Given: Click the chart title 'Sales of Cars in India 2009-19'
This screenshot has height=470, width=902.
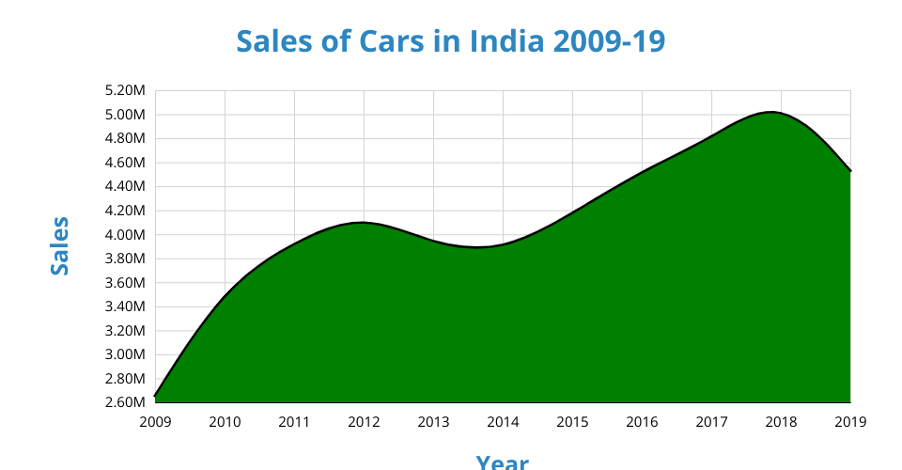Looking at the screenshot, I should [450, 42].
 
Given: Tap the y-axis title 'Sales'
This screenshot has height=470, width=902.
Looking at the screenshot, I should [60, 245].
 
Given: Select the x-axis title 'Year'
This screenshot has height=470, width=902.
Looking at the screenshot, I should [502, 462].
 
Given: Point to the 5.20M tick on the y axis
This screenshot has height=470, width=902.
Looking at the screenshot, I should [126, 91].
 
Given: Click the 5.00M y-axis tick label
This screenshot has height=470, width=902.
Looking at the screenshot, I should [126, 115].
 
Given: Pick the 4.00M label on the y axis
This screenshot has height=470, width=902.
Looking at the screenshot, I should [126, 235].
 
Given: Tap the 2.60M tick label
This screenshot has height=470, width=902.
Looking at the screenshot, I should [126, 402].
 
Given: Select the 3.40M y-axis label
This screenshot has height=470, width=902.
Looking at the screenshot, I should [126, 306].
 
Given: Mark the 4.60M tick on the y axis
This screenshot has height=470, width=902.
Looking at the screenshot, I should [126, 163].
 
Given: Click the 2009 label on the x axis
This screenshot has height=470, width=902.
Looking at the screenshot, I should [155, 422].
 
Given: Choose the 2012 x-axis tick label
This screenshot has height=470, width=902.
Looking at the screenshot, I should [364, 422].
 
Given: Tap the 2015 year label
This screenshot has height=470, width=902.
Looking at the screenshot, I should [572, 422].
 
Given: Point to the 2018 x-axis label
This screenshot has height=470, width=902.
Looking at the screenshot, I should [781, 422].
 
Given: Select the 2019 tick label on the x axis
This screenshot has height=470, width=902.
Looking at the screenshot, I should [850, 422].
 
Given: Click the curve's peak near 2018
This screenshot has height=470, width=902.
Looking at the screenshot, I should [771, 112].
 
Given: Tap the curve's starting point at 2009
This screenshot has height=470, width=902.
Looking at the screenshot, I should [155, 397].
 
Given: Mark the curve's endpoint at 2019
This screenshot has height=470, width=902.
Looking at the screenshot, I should [850, 171].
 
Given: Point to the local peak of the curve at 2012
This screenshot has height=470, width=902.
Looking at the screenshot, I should [362, 223].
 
